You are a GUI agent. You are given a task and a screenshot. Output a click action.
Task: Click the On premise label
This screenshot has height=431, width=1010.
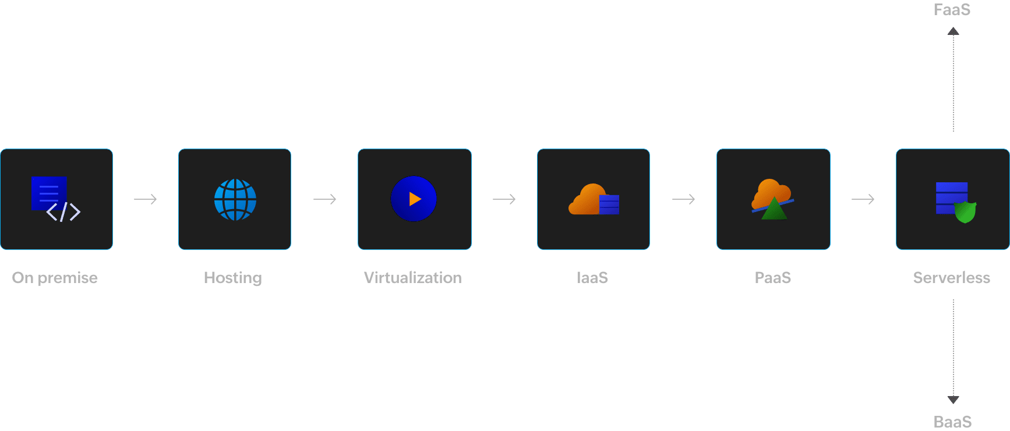pyautogui.click(x=55, y=278)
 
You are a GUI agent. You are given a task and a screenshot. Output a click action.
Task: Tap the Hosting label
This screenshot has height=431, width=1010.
pyautogui.click(x=233, y=278)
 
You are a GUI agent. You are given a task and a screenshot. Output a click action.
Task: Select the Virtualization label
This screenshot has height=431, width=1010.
pyautogui.click(x=413, y=278)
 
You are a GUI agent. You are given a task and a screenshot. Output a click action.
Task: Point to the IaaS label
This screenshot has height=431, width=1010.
pyautogui.click(x=592, y=278)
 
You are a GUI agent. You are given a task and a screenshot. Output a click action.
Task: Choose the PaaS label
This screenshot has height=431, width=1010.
pyautogui.click(x=773, y=278)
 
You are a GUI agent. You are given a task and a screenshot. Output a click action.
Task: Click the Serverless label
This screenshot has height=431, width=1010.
pyautogui.click(x=952, y=278)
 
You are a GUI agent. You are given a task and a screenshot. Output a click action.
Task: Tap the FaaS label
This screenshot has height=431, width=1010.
pyautogui.click(x=952, y=10)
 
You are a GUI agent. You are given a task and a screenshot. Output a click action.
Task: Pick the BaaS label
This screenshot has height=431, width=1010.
pyautogui.click(x=953, y=422)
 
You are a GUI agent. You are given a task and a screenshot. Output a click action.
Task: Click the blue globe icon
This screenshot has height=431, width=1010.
pyautogui.click(x=235, y=200)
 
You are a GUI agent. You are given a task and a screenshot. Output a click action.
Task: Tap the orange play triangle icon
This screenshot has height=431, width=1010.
pyautogui.click(x=415, y=199)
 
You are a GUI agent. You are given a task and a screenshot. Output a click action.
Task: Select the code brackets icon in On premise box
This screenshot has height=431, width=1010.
pyautogui.click(x=63, y=212)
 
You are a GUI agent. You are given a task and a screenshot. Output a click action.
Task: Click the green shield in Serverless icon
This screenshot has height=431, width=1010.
pyautogui.click(x=965, y=212)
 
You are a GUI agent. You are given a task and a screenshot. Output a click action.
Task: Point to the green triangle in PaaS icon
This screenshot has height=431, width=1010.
pyautogui.click(x=774, y=209)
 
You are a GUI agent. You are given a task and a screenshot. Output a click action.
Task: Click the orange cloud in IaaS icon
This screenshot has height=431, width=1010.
pyautogui.click(x=586, y=199)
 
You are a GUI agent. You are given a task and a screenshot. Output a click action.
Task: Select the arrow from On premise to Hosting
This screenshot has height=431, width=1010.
pyautogui.click(x=146, y=199)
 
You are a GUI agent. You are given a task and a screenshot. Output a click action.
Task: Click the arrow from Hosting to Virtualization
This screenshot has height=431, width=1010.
pyautogui.click(x=325, y=199)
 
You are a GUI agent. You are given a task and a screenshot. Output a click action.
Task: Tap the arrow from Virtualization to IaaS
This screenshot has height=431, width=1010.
pyautogui.click(x=504, y=199)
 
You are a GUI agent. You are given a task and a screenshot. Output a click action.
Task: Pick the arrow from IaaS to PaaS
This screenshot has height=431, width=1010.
pyautogui.click(x=684, y=199)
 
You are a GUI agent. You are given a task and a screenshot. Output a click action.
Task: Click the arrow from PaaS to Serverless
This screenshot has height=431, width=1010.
pyautogui.click(x=863, y=199)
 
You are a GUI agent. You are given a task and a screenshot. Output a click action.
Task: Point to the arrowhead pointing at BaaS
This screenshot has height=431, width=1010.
pyautogui.click(x=953, y=400)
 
